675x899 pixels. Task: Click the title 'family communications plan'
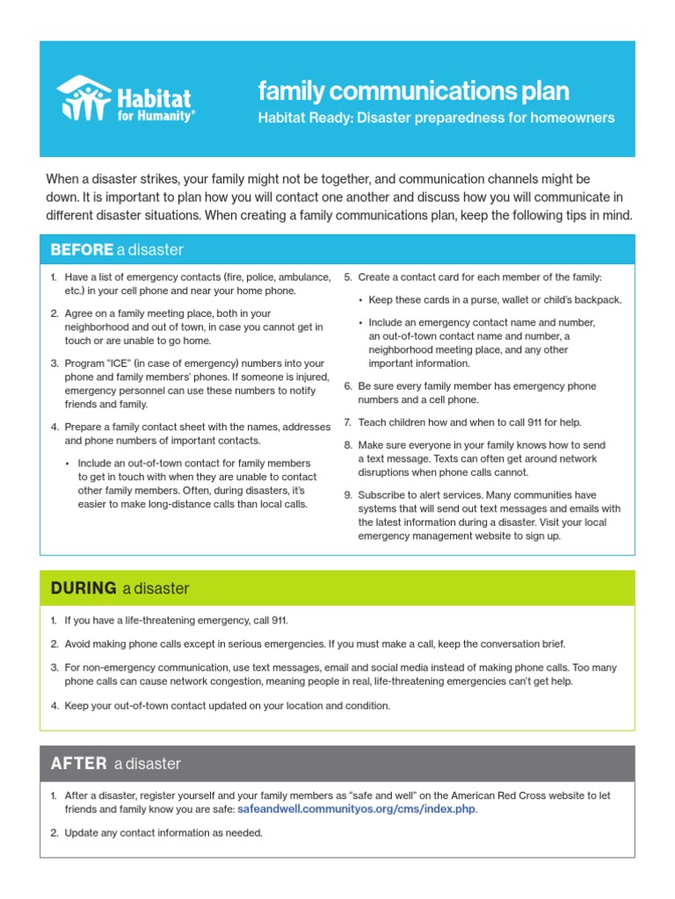tap(413, 90)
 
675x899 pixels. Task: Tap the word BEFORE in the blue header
tap(82, 250)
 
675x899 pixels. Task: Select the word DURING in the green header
tap(83, 588)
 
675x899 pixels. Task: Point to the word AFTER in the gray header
tap(79, 764)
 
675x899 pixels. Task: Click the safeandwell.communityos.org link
tap(357, 809)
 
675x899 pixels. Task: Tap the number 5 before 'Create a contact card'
tap(347, 277)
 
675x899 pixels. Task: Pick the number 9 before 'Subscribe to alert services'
tap(347, 494)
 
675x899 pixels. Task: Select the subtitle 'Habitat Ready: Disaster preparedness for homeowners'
tap(436, 118)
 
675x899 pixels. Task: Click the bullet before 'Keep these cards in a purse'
tap(361, 300)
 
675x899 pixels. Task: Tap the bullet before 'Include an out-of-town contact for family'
tap(68, 464)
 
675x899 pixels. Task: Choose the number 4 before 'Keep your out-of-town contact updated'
tap(54, 705)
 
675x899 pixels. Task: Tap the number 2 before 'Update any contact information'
tap(54, 832)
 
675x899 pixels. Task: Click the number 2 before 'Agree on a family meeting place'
tap(54, 313)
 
